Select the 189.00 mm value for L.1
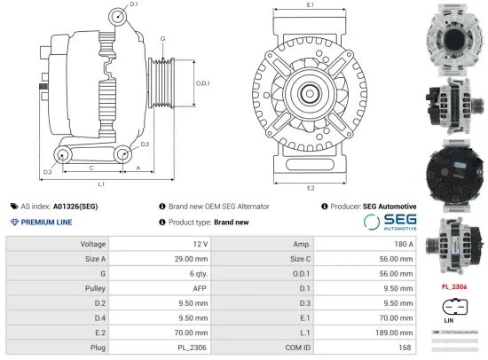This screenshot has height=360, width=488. tap(395, 333)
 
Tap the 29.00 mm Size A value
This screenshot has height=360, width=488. tap(191, 258)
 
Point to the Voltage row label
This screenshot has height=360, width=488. tap(93, 243)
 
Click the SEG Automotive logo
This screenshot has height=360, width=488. tap(390, 222)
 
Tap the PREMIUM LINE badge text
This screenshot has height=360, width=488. tap(44, 222)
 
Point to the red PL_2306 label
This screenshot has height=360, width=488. tap(454, 286)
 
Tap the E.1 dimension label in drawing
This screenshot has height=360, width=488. tap(310, 6)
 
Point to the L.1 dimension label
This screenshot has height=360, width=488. tap(101, 184)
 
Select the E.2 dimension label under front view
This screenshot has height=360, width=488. tap(310, 188)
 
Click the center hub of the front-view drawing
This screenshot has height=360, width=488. tap(310, 91)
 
